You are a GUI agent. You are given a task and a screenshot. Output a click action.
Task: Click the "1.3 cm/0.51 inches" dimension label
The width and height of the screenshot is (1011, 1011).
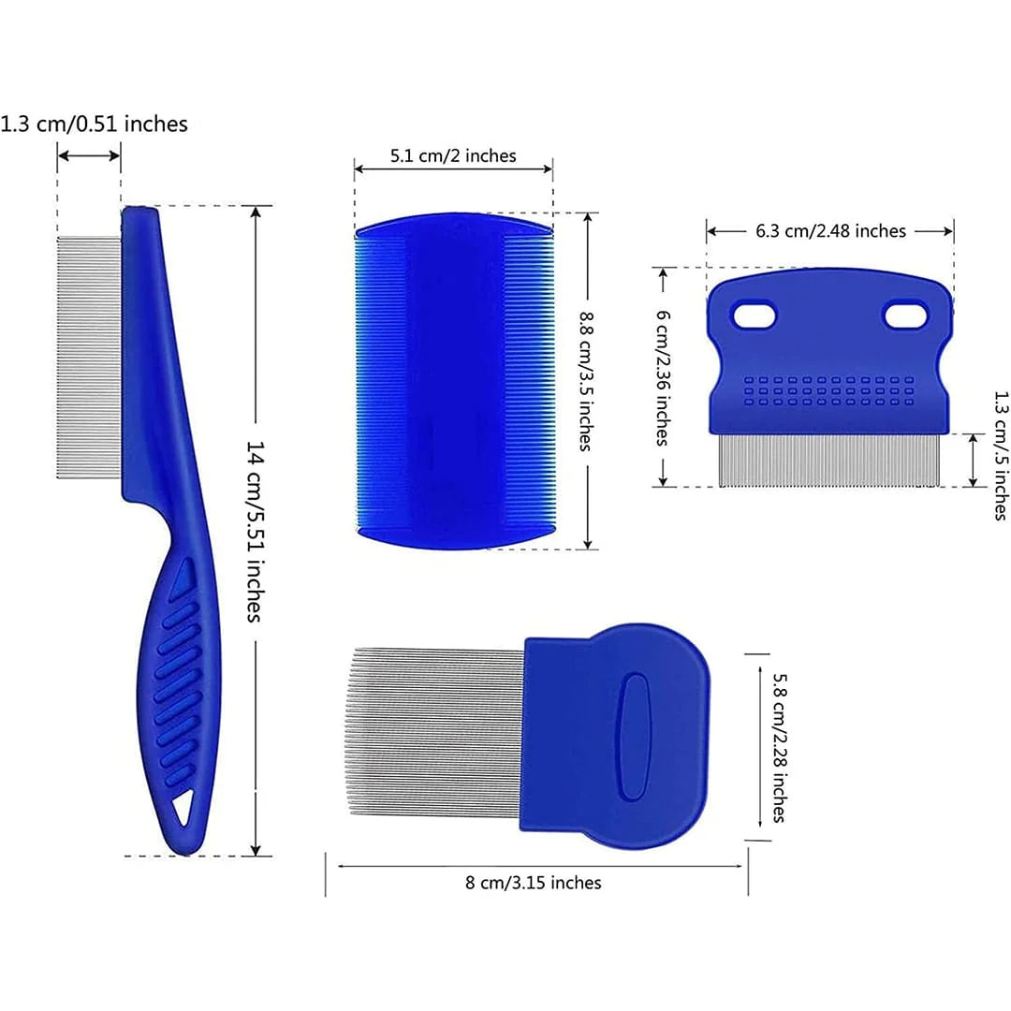click(95, 124)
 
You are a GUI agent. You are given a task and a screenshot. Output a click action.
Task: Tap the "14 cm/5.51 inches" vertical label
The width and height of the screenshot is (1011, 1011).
click(256, 532)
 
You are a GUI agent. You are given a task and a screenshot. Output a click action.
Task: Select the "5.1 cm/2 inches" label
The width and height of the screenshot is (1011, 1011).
click(453, 156)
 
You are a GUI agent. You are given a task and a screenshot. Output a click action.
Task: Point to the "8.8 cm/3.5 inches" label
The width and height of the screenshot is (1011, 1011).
click(586, 381)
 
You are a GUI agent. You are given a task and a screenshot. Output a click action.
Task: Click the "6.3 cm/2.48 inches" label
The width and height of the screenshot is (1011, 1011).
click(830, 231)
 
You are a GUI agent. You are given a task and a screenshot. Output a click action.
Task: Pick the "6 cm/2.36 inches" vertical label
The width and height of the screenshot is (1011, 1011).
click(663, 377)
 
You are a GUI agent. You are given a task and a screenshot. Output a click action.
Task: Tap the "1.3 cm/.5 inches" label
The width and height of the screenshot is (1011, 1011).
click(1000, 455)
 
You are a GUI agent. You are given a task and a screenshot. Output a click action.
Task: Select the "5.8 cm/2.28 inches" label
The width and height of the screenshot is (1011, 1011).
click(780, 748)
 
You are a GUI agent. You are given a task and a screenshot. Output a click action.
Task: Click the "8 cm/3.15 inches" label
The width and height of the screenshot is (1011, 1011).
click(534, 882)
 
